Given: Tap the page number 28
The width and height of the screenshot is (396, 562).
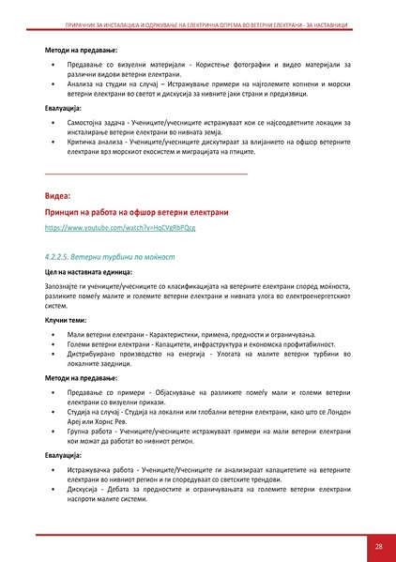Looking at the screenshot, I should (x=378, y=547).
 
